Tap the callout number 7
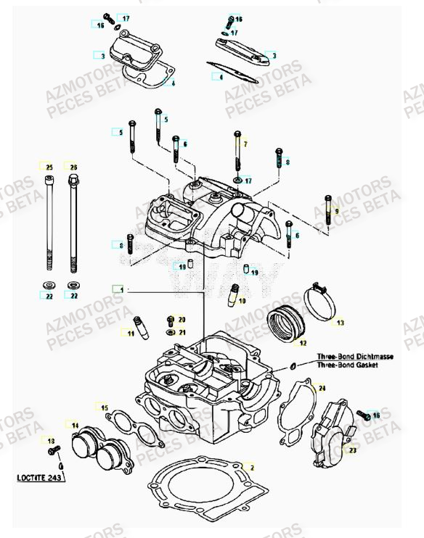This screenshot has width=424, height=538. point(245,144)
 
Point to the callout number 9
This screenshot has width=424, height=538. point(337,212)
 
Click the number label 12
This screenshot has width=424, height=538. point(303,343)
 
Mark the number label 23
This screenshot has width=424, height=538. point(353,450)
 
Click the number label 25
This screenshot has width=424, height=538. point(49,167)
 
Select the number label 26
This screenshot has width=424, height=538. point(73,167)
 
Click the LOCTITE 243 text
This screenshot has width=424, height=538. point(40,478)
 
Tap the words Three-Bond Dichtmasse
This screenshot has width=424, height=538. point(347,357)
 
